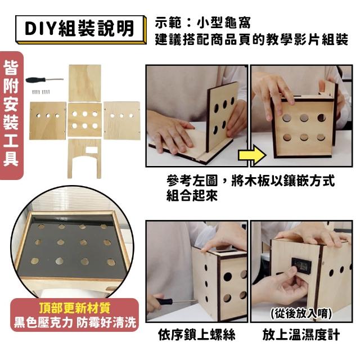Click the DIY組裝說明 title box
pos(80,29)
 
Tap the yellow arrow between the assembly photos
pos(253,155)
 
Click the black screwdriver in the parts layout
pos(44,80)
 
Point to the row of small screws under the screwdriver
pos(40,92)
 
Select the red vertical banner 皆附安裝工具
pos(11,115)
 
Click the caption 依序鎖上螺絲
pos(197,334)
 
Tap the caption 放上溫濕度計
pos(301,334)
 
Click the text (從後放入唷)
pos(301,313)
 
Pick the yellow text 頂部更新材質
pos(74,308)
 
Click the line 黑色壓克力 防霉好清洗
pos(75,322)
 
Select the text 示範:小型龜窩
pos(202,22)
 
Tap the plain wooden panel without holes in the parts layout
pos(85,83)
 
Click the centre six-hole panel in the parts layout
pos(85,120)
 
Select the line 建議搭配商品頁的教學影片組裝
pos(251,39)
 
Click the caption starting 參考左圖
pos(250,188)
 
